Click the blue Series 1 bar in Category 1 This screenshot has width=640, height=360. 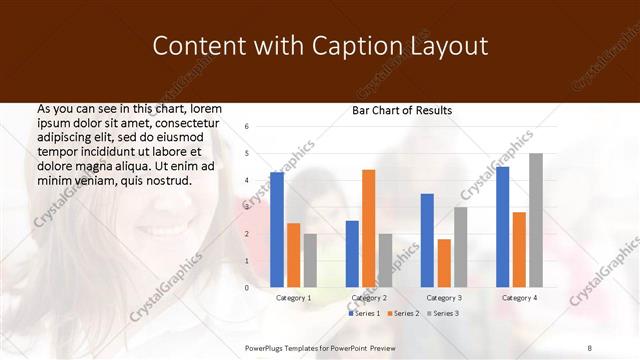coord(277,230)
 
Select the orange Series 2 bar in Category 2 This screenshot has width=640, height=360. coord(369,229)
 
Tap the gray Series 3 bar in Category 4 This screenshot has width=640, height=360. coord(536,220)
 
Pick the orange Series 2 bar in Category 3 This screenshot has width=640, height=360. coord(444,263)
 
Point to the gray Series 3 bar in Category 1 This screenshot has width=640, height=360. coord(310,260)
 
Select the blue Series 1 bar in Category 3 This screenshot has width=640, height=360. coord(427,240)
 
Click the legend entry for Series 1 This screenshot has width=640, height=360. coord(363,314)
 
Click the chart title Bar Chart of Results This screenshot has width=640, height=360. coord(402,110)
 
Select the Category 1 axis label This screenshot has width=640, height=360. coord(293,298)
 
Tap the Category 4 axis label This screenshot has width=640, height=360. coord(519,298)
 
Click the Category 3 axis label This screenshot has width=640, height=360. coord(443,298)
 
